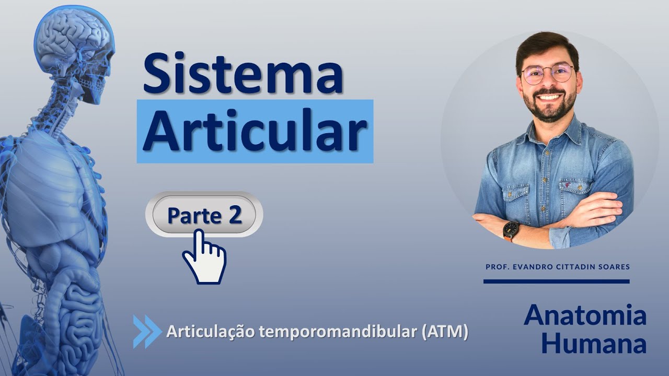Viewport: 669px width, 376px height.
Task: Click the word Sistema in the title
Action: click(x=243, y=73)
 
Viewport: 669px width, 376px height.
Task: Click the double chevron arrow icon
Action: click(x=147, y=331)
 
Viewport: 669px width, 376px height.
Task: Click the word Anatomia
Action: click(x=585, y=315)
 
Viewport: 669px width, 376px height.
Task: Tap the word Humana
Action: click(x=594, y=343)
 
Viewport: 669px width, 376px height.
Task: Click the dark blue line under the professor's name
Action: click(x=556, y=281)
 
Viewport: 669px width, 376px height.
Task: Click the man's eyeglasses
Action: click(x=547, y=74)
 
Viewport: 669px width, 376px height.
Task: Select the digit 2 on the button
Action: click(x=235, y=215)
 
